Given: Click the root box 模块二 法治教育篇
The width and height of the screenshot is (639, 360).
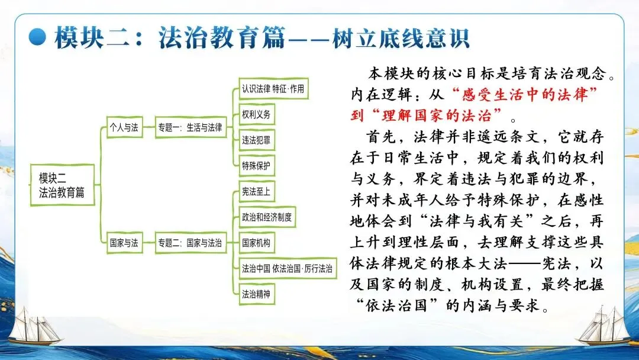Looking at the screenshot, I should tap(62, 185).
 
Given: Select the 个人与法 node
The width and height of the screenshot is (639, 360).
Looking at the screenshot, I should tap(124, 127).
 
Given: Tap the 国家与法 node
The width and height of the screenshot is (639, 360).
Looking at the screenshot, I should tap(124, 243).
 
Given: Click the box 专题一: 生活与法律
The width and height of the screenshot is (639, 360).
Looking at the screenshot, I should tap(190, 127).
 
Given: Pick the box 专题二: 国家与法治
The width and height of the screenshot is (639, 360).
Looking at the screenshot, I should tap(190, 243).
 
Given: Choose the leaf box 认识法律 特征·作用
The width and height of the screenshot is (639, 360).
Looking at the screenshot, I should tap(273, 89).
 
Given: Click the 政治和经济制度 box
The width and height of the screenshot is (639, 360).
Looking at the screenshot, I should tap(266, 217).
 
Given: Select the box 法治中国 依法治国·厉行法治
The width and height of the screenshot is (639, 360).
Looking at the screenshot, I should tap(287, 268).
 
